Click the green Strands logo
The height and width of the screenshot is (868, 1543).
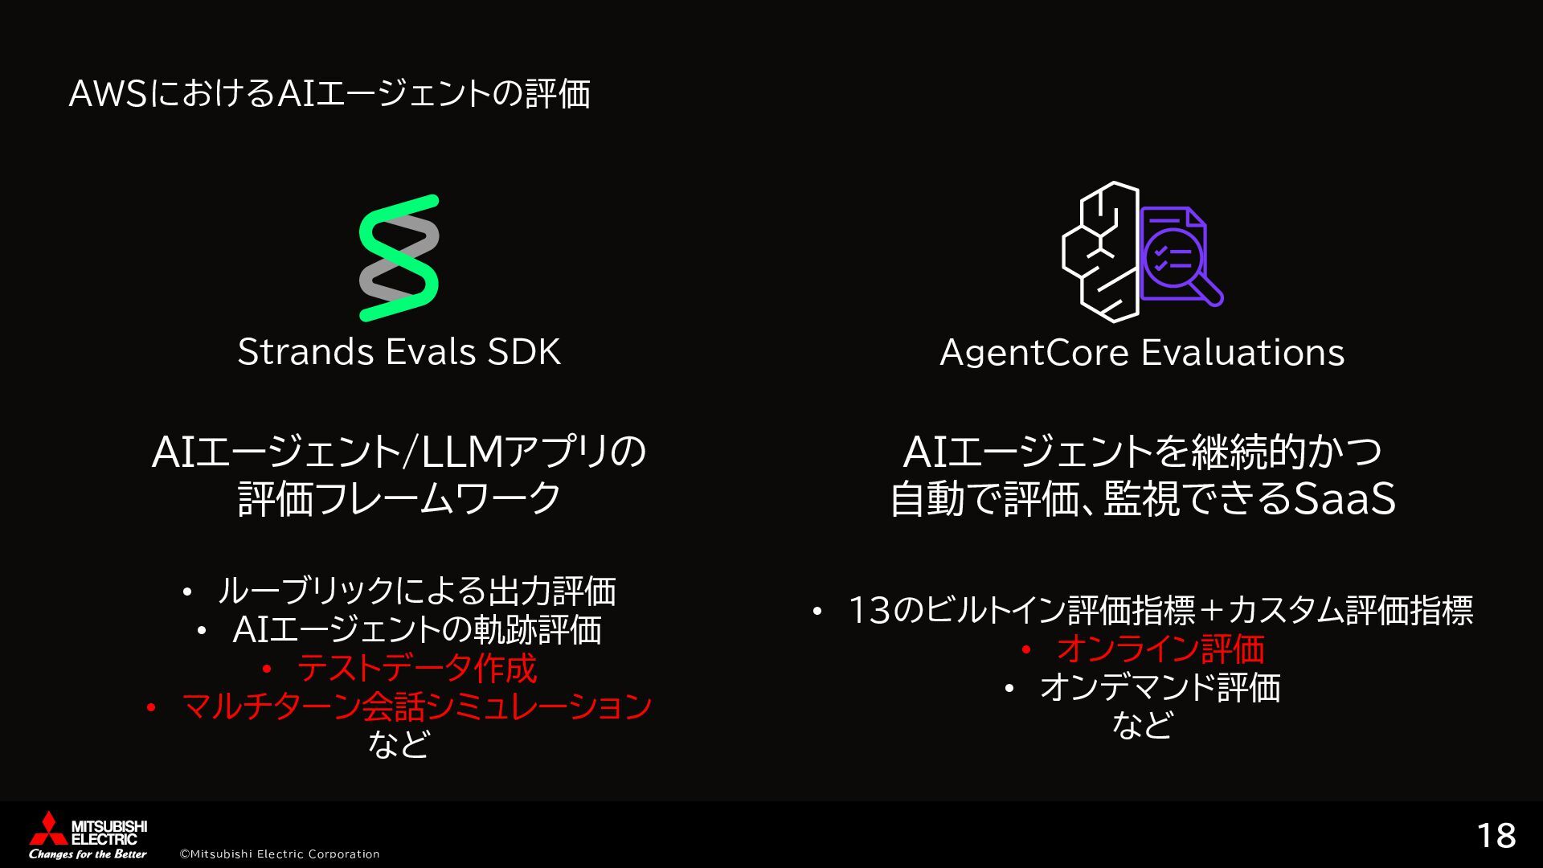399,257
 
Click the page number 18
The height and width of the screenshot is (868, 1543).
1496,836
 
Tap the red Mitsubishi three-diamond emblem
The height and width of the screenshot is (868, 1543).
47,829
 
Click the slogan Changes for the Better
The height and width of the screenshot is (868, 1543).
88,854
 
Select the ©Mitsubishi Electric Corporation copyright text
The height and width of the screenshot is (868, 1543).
279,854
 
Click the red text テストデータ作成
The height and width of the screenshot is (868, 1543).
416,668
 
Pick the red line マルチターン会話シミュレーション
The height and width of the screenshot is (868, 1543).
416,706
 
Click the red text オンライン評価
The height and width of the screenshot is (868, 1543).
1160,649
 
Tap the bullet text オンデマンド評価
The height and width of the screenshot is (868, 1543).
1159,687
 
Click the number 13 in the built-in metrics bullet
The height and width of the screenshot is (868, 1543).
870,611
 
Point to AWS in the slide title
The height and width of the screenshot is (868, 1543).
107,94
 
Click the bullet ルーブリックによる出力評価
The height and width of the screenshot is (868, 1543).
416,592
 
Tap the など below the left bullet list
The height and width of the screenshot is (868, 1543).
399,744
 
